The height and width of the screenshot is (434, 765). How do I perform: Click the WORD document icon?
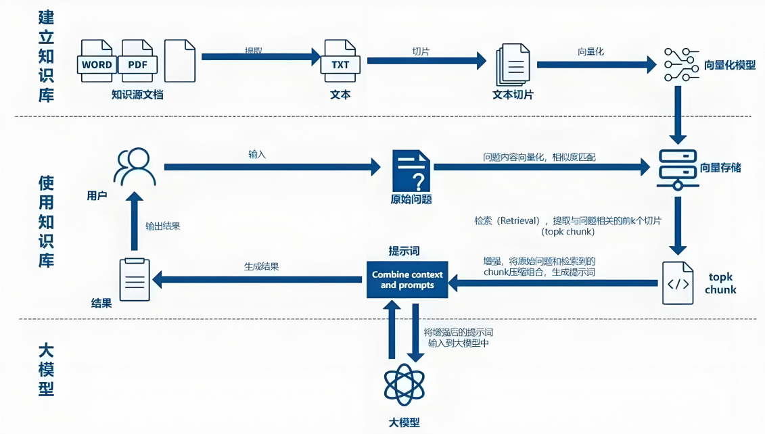pos(97,61)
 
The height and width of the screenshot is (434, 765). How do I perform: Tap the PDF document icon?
pos(138,61)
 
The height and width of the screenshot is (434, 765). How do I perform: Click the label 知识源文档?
pos(137,95)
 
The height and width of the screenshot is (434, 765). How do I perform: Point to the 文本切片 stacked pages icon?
pos(512,65)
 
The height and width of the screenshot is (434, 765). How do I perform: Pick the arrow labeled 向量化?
pos(596,64)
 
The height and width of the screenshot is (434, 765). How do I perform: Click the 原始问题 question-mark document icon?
pos(411,171)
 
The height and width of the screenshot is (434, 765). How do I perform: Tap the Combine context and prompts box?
pos(407,279)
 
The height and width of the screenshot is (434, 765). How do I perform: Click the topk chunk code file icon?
pos(678,283)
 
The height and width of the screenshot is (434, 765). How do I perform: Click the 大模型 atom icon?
pos(404,385)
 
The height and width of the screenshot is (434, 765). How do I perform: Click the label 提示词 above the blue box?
pos(404,251)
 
